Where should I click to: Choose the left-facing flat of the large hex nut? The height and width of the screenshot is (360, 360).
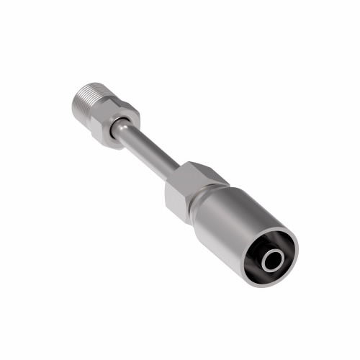click(x=173, y=192)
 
